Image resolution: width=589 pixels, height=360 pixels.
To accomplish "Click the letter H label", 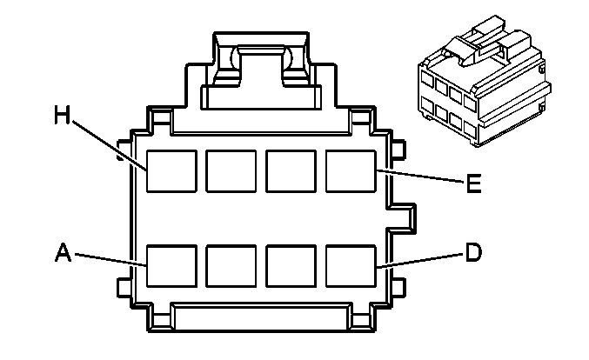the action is (63, 115).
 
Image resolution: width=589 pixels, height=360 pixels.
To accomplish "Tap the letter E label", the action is (473, 183).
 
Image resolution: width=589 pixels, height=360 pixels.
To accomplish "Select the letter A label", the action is (63, 252).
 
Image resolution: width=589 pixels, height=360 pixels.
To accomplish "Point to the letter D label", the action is (473, 252).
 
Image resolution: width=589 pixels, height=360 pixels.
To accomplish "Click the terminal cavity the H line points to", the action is (171, 171).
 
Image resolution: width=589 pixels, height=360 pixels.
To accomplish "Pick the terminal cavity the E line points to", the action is (351, 171).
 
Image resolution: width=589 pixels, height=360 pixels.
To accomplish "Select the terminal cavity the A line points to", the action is (171, 266).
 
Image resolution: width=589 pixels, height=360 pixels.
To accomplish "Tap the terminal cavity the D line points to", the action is (351, 266).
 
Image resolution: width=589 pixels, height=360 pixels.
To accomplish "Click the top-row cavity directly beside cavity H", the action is (231, 171).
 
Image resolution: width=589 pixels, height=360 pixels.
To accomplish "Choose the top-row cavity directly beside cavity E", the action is (291, 171).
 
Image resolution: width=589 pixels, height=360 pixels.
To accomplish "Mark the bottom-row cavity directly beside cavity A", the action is (231, 266).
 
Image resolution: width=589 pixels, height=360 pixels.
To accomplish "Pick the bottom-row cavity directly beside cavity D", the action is (291, 266).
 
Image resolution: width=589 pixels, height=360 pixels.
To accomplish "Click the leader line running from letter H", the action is (109, 145).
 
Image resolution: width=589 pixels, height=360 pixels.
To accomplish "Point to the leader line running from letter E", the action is (420, 177).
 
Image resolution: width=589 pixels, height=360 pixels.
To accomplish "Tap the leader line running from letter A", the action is (110, 260).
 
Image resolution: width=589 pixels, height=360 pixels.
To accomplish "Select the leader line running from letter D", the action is (420, 261).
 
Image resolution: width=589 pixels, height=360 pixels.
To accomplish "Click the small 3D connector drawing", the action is (485, 81).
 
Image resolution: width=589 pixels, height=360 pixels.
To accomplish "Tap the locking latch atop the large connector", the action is (262, 70).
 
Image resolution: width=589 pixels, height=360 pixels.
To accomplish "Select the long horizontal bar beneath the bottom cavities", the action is (262, 317).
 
